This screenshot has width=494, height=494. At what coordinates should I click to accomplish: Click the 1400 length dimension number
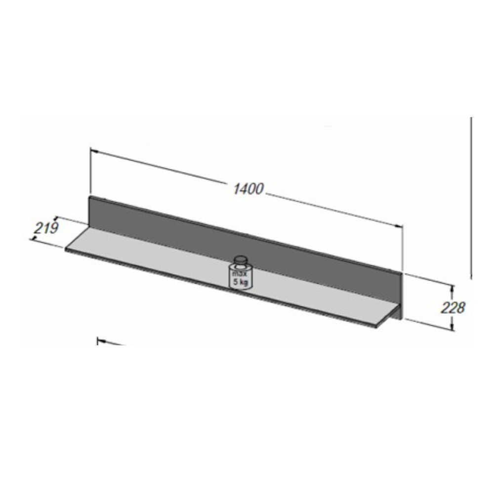coord(248,189)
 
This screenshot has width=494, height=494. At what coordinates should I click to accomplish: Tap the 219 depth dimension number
coord(46,228)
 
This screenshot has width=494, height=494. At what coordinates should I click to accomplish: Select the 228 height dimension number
coord(453,308)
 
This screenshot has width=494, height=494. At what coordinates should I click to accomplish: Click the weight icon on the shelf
coord(241,273)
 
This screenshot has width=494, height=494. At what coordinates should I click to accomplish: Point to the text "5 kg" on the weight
coord(241,282)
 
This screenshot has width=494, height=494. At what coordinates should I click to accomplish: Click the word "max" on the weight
coord(240,274)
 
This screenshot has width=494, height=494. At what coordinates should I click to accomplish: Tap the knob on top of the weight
coord(241,260)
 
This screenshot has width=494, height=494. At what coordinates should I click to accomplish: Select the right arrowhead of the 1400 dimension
coord(399,226)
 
